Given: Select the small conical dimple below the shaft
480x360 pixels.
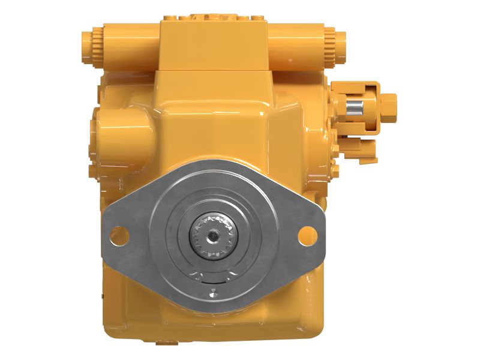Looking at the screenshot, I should click(211, 295).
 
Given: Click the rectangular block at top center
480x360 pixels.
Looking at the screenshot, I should click(214, 45).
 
